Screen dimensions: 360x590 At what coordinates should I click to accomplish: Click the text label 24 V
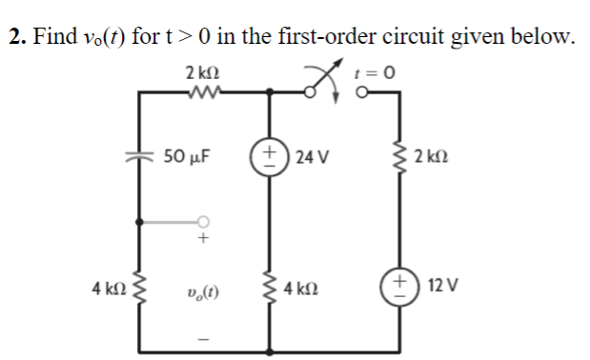pos(313,155)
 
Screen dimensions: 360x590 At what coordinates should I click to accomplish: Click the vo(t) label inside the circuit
pos(201,286)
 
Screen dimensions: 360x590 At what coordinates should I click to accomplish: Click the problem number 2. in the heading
pos(14,37)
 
